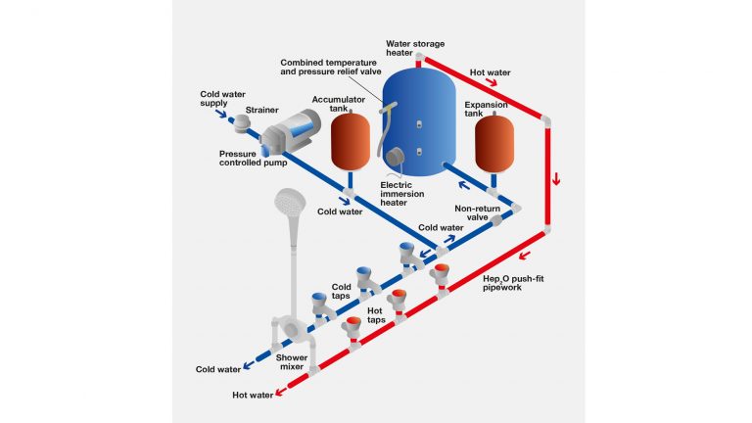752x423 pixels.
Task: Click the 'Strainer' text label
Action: pyautogui.click(x=261, y=110)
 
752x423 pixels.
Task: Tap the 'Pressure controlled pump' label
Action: pyautogui.click(x=252, y=160)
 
